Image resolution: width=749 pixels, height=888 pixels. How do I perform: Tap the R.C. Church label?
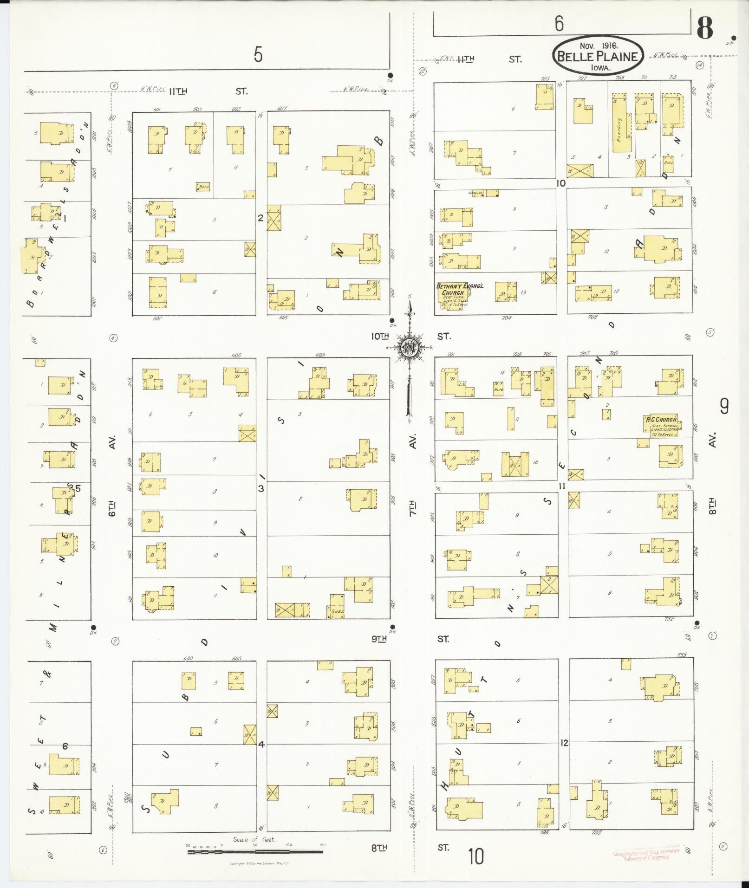click(x=662, y=419)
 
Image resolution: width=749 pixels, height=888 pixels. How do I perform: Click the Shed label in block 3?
click(x=337, y=611)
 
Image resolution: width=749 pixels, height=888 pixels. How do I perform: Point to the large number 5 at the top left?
click(x=258, y=55)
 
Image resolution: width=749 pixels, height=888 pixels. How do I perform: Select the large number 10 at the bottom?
click(x=476, y=856)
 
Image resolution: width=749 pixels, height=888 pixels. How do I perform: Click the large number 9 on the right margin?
click(x=724, y=407)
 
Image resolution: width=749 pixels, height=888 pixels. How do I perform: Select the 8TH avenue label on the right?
click(x=713, y=506)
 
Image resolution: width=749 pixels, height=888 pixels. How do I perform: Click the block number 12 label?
click(x=564, y=743)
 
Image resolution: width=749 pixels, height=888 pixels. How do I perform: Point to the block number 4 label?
click(x=261, y=744)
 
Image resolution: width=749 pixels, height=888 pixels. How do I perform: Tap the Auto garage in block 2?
click(x=203, y=187)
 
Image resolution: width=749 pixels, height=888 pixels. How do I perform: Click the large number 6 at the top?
click(x=559, y=23)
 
